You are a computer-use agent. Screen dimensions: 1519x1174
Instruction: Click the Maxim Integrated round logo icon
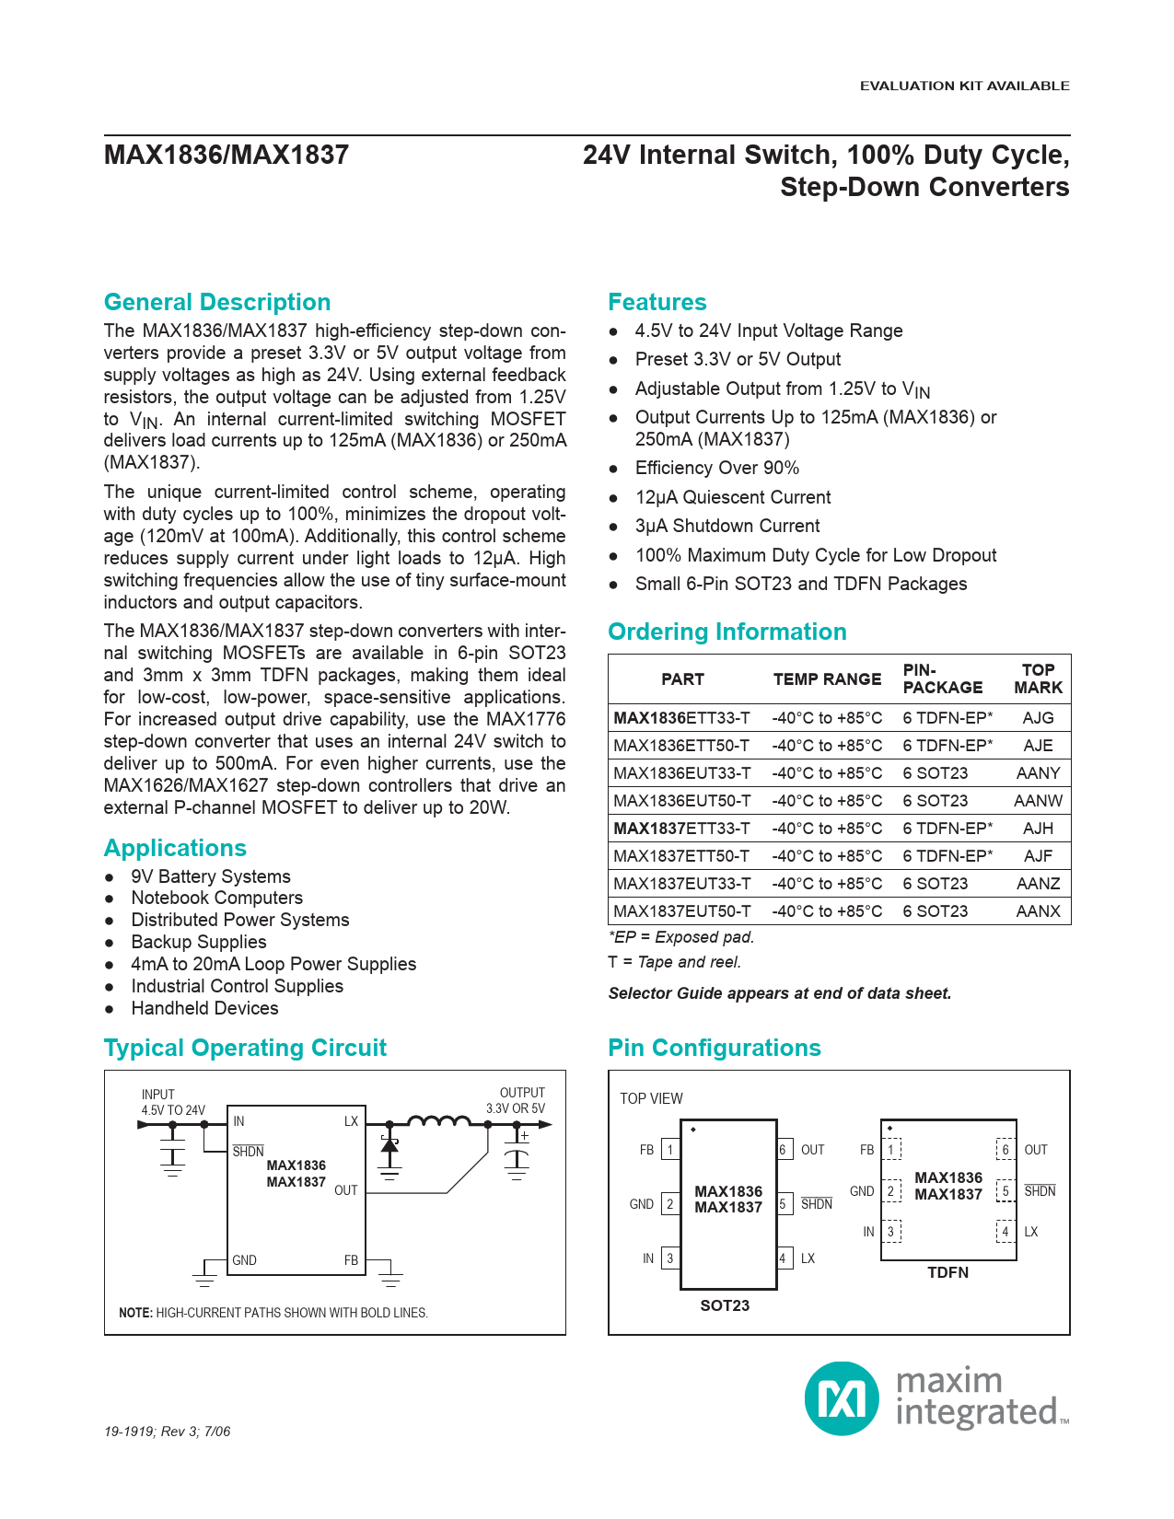pos(842,1398)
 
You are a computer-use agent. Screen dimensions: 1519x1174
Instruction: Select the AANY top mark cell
pos(1038,773)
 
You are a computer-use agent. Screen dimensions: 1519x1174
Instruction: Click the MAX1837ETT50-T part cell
pos(681,856)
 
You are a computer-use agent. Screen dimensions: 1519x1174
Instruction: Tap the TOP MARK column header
pos(1038,678)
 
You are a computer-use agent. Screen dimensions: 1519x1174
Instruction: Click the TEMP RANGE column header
pos(827,679)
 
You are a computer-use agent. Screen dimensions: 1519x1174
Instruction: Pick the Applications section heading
pos(175,848)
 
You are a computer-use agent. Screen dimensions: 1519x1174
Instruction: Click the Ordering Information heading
pos(726,632)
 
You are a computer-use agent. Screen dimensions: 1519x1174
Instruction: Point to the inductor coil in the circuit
pos(438,1121)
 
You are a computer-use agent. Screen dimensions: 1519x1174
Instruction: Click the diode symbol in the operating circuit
pos(389,1145)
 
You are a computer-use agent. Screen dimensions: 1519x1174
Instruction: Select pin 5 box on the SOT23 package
pos(784,1204)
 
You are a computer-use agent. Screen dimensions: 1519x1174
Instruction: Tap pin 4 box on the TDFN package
pos(1005,1232)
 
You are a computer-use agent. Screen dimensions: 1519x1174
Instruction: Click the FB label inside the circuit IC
pos(351,1260)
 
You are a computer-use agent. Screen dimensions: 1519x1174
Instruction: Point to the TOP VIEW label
pos(651,1098)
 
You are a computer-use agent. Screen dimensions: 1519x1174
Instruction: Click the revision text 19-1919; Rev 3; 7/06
pos(167,1432)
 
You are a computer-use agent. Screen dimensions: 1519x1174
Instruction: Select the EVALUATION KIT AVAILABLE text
pos(964,86)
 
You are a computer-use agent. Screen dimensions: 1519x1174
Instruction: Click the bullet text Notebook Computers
pos(216,898)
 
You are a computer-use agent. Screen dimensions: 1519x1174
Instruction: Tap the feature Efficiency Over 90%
pos(716,468)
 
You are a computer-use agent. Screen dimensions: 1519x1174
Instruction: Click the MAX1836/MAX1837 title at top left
pos(227,155)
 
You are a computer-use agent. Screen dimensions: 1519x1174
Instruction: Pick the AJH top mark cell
pos(1038,829)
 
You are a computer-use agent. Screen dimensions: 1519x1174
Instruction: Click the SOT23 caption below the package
pos(725,1305)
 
